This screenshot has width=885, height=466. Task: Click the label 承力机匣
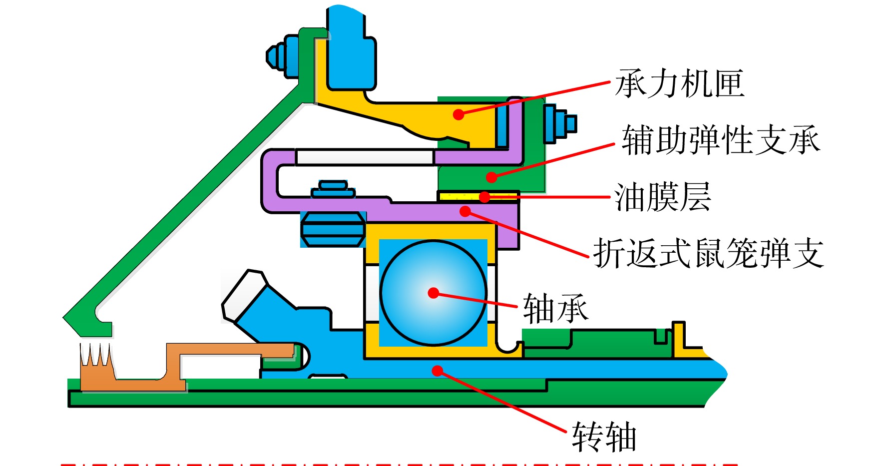(x=679, y=83)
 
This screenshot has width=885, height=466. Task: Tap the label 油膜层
(x=662, y=197)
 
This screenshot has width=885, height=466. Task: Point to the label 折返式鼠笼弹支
(x=709, y=253)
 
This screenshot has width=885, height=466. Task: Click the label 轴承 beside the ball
(x=555, y=308)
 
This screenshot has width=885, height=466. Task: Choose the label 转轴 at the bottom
(x=604, y=437)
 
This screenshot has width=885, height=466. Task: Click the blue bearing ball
(x=433, y=293)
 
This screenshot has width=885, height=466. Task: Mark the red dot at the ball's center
(x=434, y=293)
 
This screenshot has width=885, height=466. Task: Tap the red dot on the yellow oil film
(x=484, y=197)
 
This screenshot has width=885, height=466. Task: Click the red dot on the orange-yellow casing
(x=458, y=114)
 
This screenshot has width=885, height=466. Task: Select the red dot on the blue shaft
(x=438, y=371)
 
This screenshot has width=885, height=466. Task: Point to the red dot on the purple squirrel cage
(x=465, y=211)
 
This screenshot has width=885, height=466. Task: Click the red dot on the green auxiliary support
(x=491, y=177)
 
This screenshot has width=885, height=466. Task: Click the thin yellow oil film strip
(x=478, y=196)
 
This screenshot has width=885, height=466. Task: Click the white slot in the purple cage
(x=365, y=157)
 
